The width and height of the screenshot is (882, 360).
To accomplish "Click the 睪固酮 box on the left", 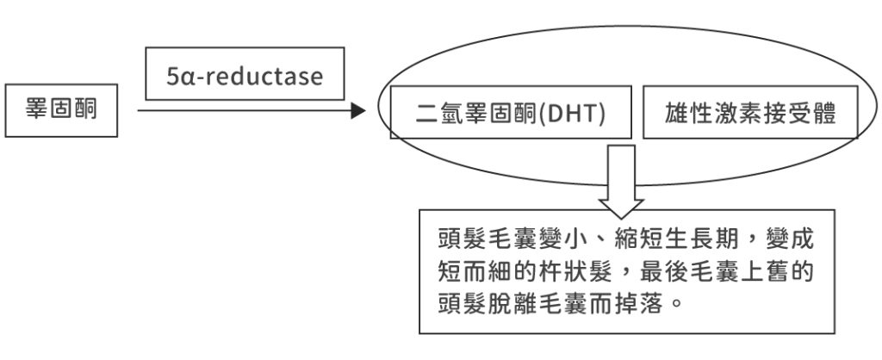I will [x=60, y=111].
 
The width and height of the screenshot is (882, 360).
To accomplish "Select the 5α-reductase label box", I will [x=245, y=76].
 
